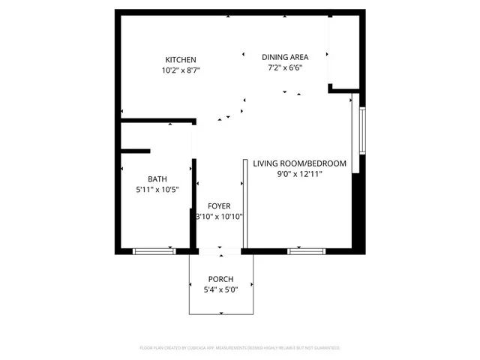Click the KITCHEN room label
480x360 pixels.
[181, 60]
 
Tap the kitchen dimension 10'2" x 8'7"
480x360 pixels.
[181, 70]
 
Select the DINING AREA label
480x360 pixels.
[285, 57]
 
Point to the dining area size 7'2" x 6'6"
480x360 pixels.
[285, 67]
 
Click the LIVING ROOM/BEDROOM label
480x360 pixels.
[299, 163]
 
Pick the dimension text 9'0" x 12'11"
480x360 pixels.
[299, 174]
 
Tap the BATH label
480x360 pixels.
[157, 178]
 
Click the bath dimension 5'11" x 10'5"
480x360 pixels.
[157, 189]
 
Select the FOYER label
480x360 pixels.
[220, 205]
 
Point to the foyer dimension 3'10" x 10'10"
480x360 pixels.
[220, 216]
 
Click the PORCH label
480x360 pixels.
[220, 279]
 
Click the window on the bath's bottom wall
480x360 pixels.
[154, 250]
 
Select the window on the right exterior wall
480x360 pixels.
[361, 130]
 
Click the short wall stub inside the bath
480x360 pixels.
[136, 151]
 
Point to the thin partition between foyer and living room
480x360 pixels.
[245, 202]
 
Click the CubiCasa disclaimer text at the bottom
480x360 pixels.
[240, 348]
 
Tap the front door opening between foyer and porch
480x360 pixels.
[220, 250]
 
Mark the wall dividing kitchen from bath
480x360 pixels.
[157, 120]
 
